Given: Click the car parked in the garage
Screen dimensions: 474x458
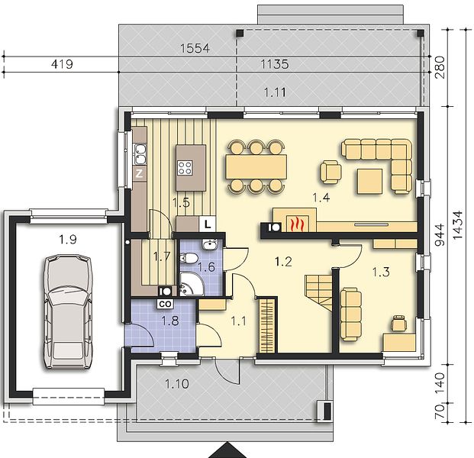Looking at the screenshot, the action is tap(68, 311).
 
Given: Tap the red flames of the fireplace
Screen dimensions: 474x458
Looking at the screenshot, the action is tap(297, 224).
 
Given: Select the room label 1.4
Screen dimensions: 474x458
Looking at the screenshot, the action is tap(321, 198).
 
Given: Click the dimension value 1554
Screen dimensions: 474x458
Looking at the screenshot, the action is tap(195, 48).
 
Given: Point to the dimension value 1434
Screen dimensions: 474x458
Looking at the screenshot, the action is tap(458, 225).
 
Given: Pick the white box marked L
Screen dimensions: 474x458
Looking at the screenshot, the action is tap(208, 224).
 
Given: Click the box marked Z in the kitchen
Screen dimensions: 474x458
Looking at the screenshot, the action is tap(140, 173).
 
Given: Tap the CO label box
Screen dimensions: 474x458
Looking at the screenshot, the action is tap(165, 304).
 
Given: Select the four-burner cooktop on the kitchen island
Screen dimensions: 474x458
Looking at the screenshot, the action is tap(185, 167).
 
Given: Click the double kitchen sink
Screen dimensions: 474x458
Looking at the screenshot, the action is tap(140, 154).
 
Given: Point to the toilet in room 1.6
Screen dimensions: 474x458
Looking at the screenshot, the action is tap(189, 258).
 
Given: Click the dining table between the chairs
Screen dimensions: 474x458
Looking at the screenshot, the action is tap(256, 166).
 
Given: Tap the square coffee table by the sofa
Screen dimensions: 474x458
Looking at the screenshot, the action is tap(369, 181).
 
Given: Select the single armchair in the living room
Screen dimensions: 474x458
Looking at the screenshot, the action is tap(331, 172).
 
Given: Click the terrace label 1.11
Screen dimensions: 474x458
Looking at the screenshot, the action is tap(275, 92).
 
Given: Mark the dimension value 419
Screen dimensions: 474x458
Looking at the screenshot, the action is tap(62, 64).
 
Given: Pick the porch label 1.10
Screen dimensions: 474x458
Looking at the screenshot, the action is tap(177, 384).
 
